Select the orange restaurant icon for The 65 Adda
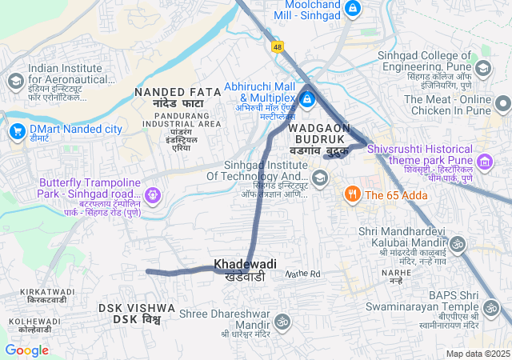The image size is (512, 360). [351, 194]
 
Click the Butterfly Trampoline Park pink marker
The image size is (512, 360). [153, 194]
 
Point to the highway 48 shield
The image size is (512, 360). [278, 47]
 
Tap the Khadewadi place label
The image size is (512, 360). [245, 264]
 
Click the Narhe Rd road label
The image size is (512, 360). [303, 274]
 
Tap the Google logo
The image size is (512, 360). [26, 350]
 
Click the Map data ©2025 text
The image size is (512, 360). [477, 354]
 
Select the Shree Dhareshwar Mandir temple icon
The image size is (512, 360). [282, 321]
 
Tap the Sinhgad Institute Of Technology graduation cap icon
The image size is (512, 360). [320, 177]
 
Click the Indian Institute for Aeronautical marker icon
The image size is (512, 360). [15, 81]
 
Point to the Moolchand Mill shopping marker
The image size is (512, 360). [353, 10]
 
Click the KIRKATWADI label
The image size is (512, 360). [47, 295]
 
